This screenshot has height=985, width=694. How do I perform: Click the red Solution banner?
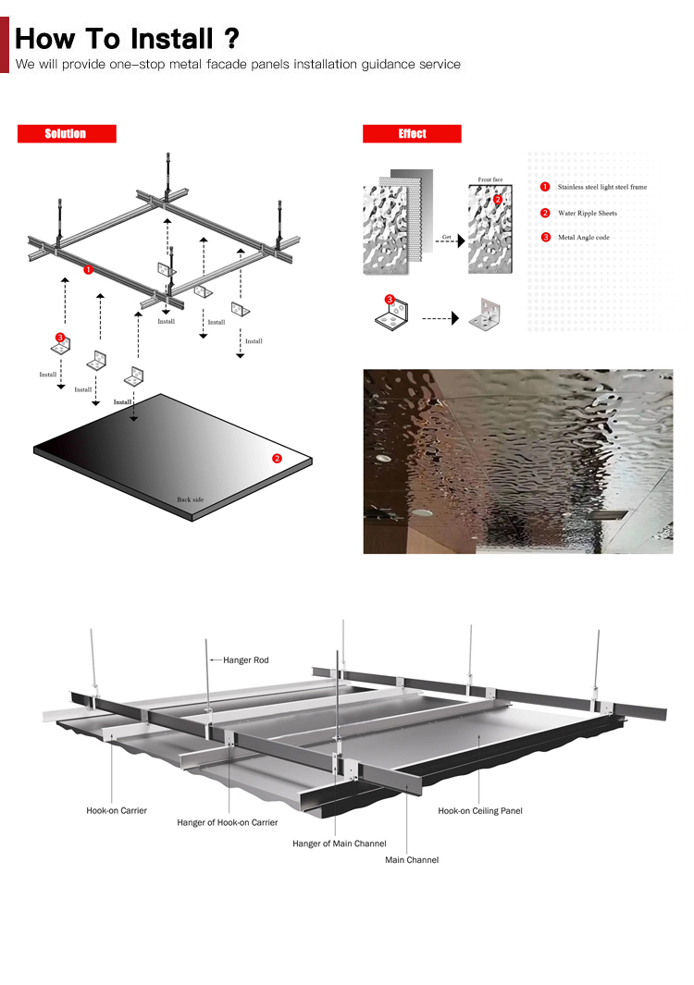(67, 134)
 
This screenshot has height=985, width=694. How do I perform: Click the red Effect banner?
(412, 134)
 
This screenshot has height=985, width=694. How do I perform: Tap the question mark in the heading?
(231, 38)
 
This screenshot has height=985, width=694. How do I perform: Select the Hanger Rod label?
(246, 660)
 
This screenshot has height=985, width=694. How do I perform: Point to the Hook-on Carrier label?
(117, 811)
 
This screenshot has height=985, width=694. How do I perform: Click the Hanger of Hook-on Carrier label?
(227, 822)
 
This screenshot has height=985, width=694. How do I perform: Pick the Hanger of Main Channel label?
(340, 843)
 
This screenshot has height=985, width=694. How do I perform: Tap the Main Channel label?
(412, 860)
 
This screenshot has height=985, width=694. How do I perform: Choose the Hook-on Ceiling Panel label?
(480, 811)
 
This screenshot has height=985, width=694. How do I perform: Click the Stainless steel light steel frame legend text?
(602, 187)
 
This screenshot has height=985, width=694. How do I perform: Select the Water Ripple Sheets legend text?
(588, 214)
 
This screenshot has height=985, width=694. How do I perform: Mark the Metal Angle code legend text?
(583, 238)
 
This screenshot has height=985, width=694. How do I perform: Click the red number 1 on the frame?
(88, 269)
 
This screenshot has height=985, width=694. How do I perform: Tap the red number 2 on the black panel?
(277, 459)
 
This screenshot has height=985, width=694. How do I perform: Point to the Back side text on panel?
(191, 499)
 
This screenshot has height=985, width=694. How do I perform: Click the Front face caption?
(490, 179)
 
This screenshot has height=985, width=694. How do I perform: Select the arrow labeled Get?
(450, 240)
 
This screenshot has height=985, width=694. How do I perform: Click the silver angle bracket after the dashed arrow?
(485, 314)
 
